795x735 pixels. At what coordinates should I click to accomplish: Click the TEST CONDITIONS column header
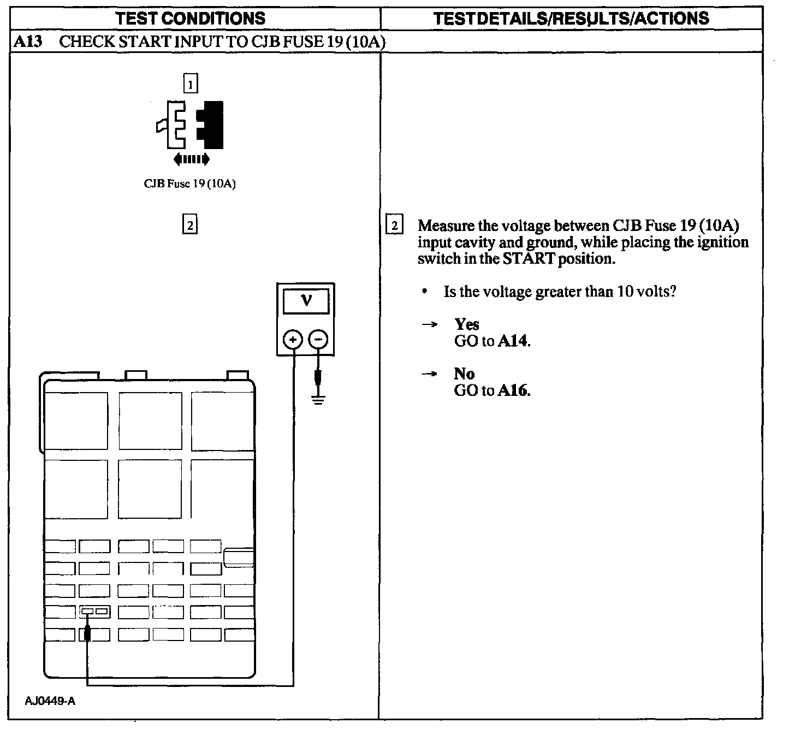(x=191, y=19)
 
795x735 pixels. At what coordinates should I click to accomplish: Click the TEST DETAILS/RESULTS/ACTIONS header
(x=571, y=19)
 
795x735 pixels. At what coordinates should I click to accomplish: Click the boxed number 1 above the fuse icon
(x=190, y=84)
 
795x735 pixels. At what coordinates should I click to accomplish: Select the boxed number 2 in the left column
(x=189, y=224)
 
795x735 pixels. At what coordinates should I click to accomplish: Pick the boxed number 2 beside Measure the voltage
(x=394, y=225)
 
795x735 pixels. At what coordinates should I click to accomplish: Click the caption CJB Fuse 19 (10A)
(x=189, y=184)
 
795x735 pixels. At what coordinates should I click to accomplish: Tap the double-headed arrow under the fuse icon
(x=191, y=159)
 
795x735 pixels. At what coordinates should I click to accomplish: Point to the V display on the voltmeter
(x=306, y=301)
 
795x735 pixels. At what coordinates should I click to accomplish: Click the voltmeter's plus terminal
(x=293, y=340)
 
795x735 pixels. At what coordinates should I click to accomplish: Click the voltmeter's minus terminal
(x=319, y=340)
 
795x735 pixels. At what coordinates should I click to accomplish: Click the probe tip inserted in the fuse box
(x=87, y=633)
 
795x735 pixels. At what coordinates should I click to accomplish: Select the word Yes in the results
(x=466, y=324)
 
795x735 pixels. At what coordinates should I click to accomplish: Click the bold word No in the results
(x=464, y=374)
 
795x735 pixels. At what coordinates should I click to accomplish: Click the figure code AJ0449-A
(x=50, y=701)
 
